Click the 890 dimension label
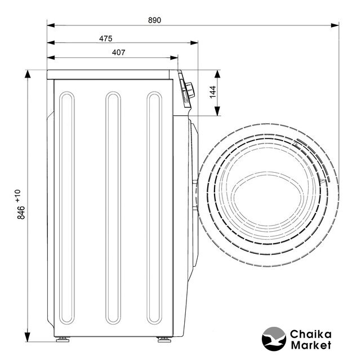pos(154,20)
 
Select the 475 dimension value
pos(106,38)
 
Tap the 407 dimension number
pos(119,52)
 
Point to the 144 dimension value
pos(213,92)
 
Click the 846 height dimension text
pos(21,213)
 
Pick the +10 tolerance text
pos(18,196)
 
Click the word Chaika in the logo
pos(310,334)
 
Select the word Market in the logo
pos(311,345)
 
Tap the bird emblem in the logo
pos(274,339)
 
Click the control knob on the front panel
pos(190,90)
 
